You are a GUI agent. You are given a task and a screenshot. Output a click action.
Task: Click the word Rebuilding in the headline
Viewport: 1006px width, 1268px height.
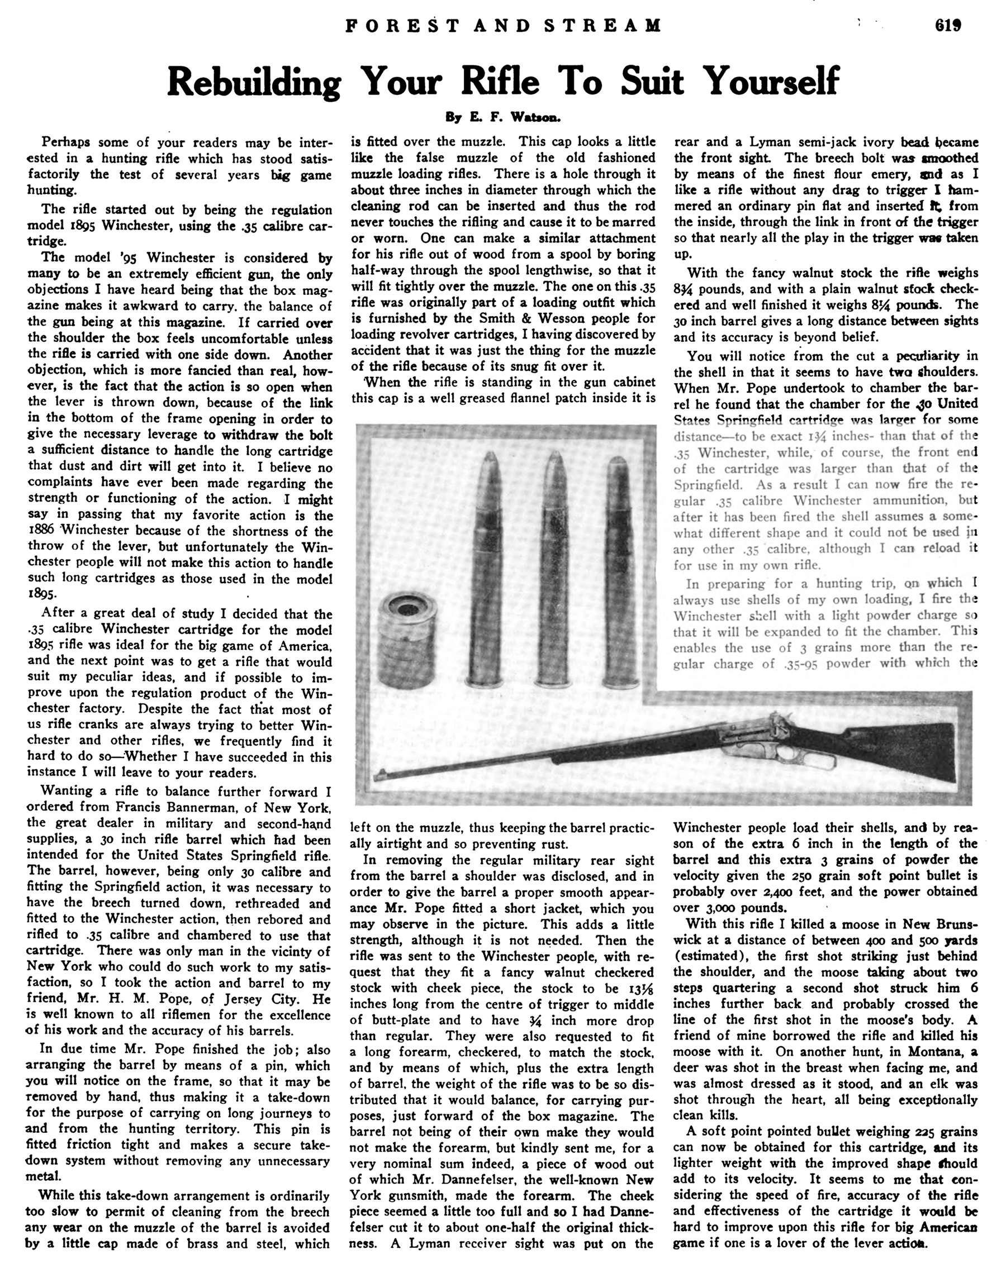click(x=254, y=82)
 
